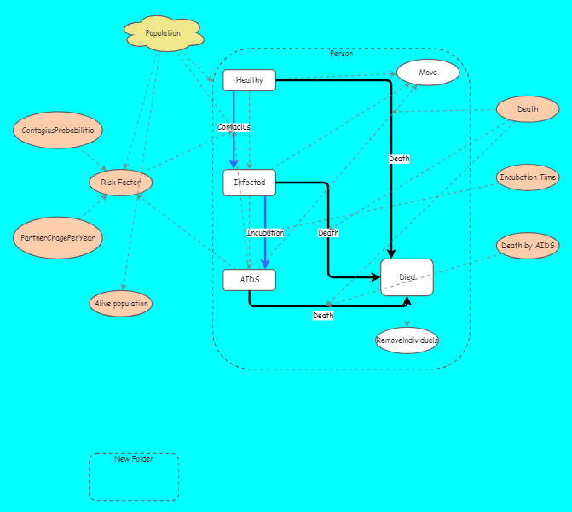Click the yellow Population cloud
(163, 33)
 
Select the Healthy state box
(249, 80)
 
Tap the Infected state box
(249, 183)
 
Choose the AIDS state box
(249, 280)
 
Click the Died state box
(407, 277)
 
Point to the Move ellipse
(428, 73)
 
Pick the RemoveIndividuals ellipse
(407, 340)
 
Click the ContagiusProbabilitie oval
(58, 131)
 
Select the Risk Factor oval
(120, 183)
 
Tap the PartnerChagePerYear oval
(58, 238)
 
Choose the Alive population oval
(120, 303)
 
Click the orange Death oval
(528, 109)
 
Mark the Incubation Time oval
(528, 177)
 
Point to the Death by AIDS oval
(528, 246)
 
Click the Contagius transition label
(234, 127)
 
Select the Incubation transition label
(265, 233)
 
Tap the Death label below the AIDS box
(323, 316)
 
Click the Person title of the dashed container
(341, 54)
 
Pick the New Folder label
(134, 459)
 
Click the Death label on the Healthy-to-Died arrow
(399, 159)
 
